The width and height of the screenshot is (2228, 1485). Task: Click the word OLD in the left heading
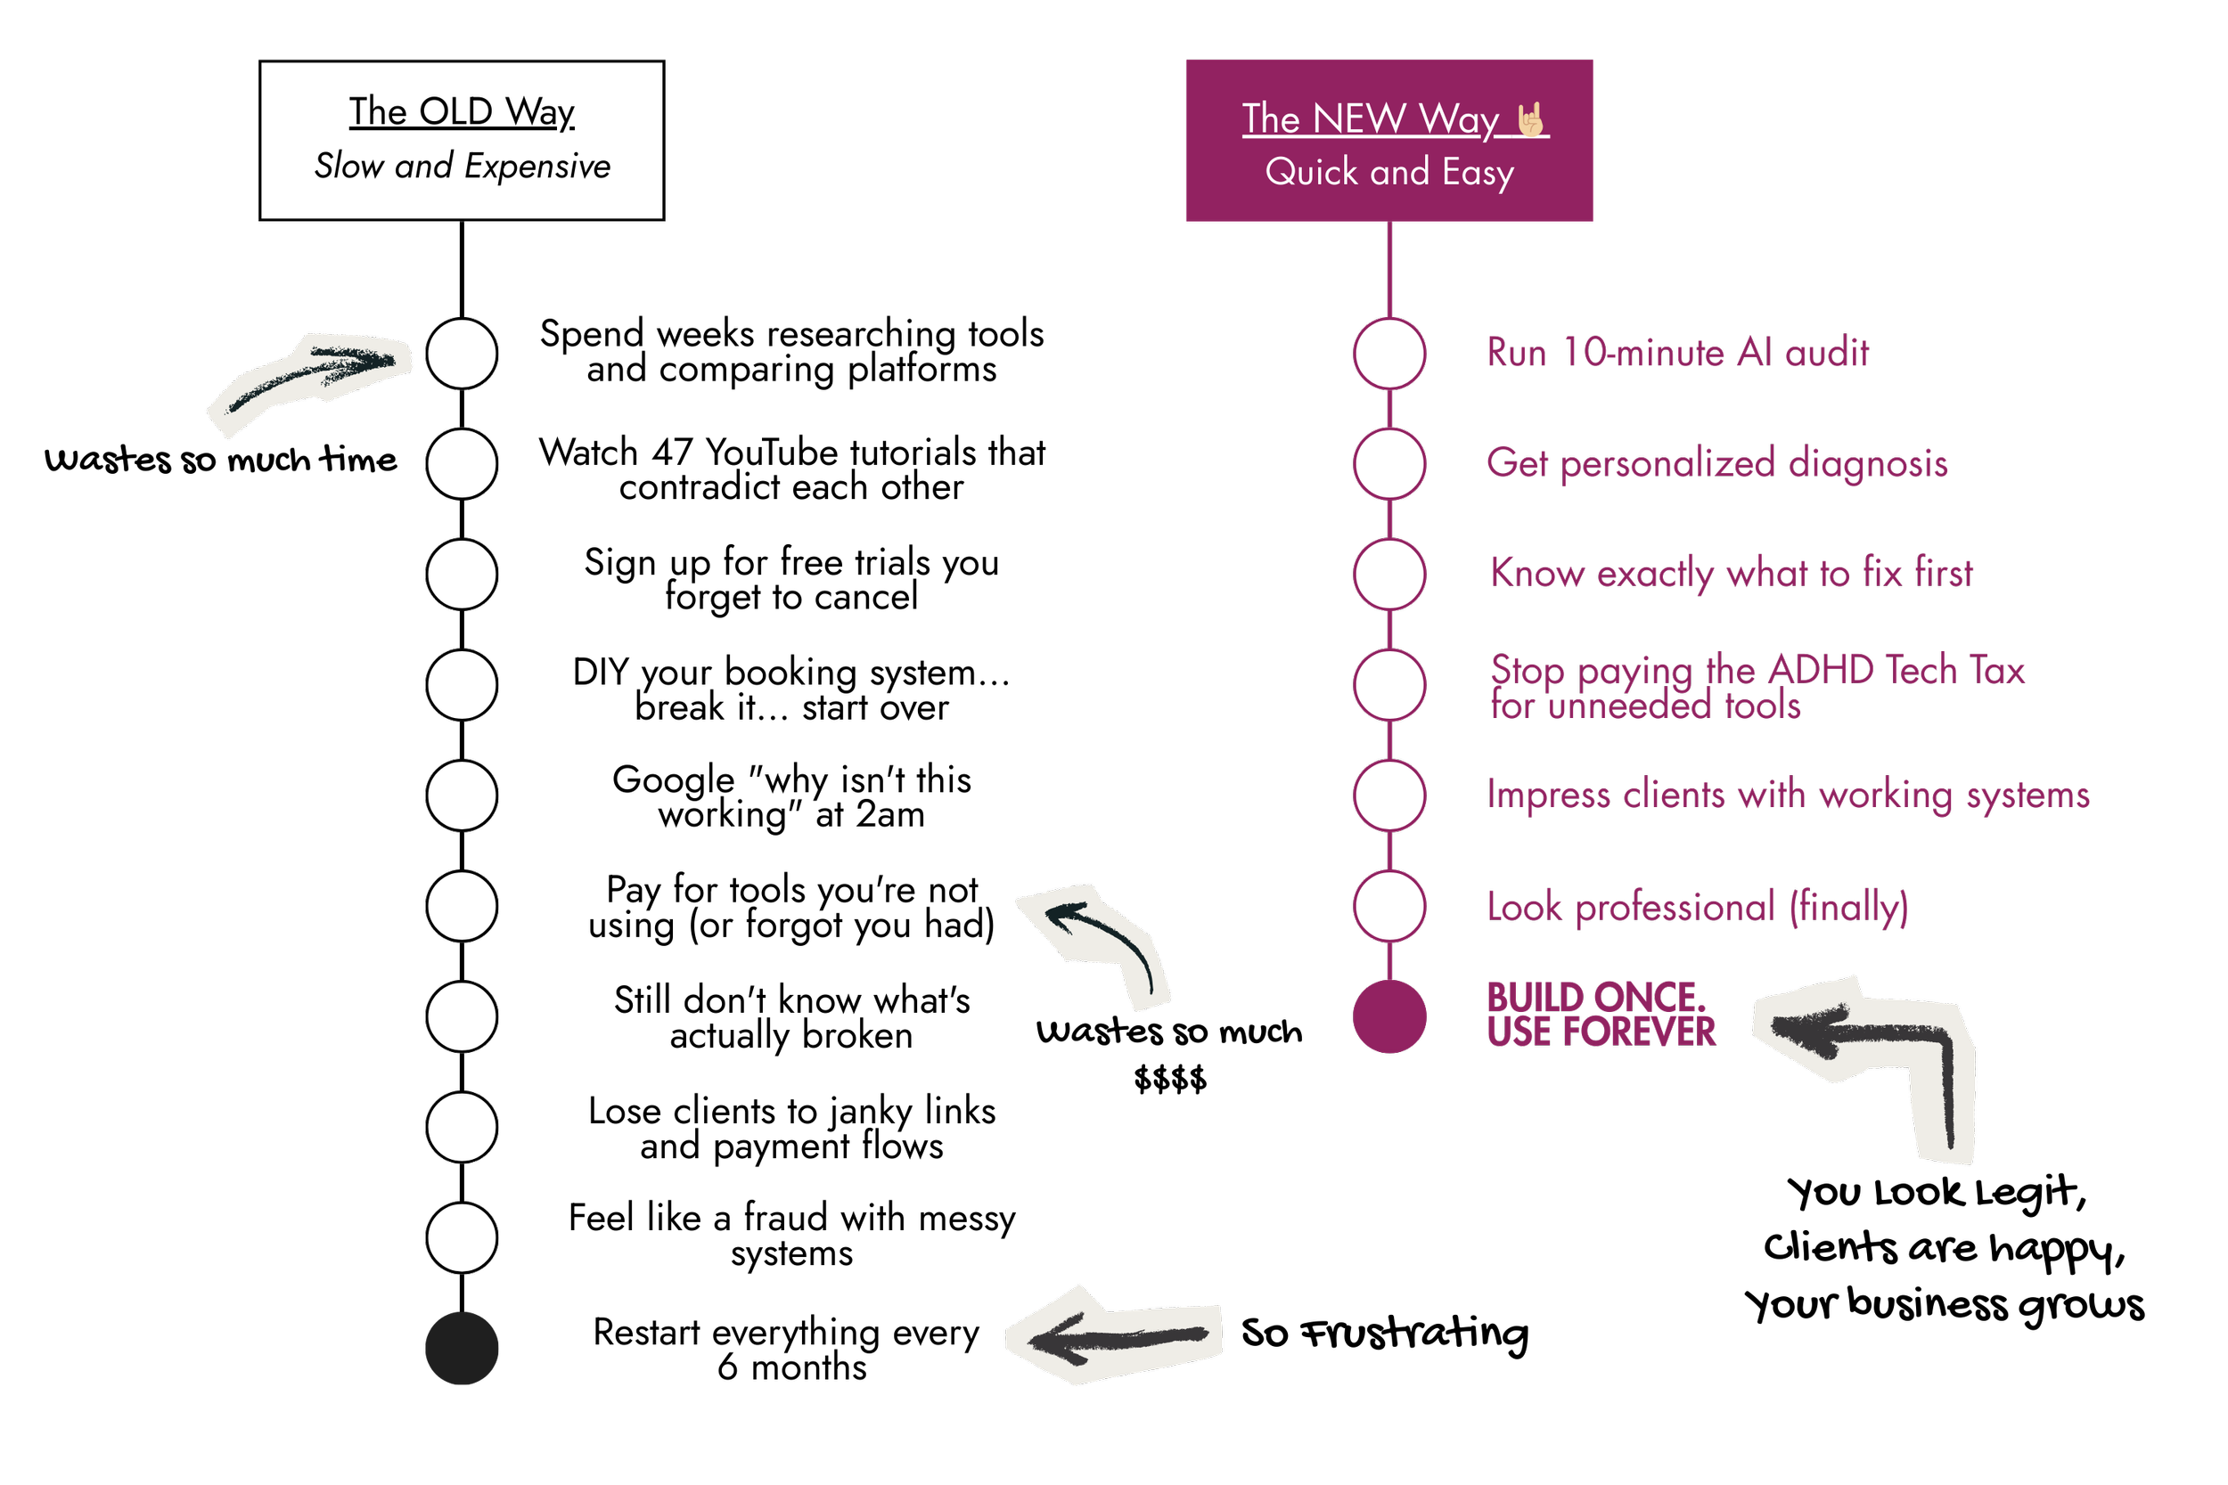pos(455,111)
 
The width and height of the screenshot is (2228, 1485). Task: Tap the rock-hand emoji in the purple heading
pos(1531,120)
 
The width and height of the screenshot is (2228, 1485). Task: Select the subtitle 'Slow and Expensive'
pos(463,166)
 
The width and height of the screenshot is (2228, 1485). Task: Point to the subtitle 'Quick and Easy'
pos(1388,172)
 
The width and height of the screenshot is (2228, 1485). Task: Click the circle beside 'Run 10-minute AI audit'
pos(1388,354)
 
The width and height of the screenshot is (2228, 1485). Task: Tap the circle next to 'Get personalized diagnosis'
pos(1388,464)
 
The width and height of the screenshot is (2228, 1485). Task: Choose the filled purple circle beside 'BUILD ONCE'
pos(1388,1016)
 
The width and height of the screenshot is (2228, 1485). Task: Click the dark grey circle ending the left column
pos(462,1348)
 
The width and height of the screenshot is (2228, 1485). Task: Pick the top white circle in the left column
pos(462,354)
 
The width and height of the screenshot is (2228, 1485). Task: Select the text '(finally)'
pos(1848,907)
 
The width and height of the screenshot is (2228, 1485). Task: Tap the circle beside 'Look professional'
pos(1388,906)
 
